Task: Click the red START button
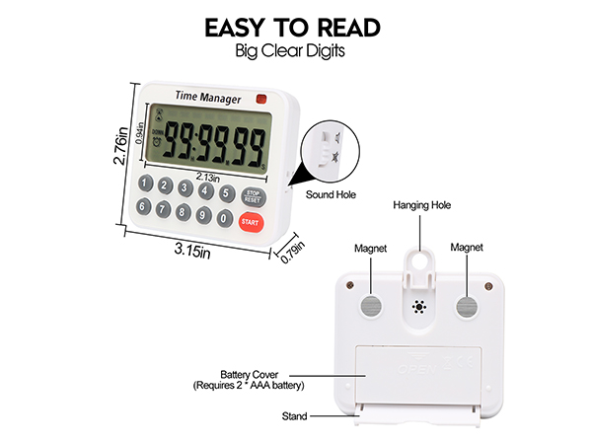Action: (x=251, y=222)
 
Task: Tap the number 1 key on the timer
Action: (x=145, y=184)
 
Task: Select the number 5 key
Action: (x=228, y=192)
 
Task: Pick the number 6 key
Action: (x=144, y=207)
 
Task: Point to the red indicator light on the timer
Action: (x=261, y=99)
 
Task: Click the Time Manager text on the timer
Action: (x=208, y=96)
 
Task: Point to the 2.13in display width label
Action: (x=207, y=176)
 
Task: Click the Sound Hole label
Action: (x=331, y=194)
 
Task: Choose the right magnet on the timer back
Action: (x=467, y=305)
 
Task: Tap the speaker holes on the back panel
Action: (x=418, y=307)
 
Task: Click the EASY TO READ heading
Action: (x=295, y=28)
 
